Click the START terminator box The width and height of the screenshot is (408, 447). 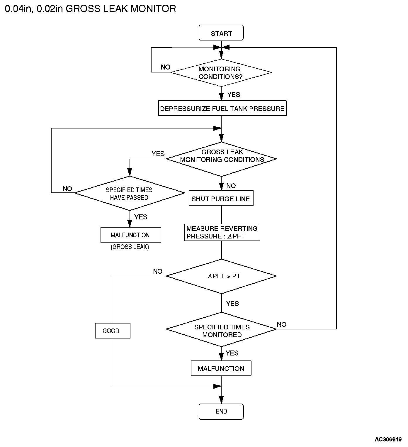pos(221,33)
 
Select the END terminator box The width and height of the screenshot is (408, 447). pos(221,411)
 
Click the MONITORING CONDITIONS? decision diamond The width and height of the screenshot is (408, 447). pos(221,73)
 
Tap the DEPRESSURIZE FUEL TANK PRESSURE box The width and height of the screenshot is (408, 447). pos(222,108)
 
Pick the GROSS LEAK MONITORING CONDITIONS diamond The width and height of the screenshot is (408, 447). pos(221,159)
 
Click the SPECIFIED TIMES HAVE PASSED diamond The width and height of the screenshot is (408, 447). pos(130,193)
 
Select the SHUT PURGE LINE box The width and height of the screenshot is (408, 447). pos(221,198)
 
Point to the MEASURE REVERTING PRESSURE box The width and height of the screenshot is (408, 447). pos(222,232)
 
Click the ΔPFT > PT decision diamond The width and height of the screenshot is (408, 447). pos(221,276)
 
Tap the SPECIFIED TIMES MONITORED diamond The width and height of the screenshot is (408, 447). pos(221,329)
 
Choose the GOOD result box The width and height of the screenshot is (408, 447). pos(113,331)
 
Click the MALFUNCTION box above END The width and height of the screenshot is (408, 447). pos(221,368)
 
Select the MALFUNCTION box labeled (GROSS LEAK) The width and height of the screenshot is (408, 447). pos(131,235)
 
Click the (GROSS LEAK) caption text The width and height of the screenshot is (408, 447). pos(130,247)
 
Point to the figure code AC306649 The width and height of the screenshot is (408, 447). pos(388,439)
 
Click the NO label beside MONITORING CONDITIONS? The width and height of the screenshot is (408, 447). pos(166,67)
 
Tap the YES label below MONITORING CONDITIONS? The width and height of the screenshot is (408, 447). pos(234,94)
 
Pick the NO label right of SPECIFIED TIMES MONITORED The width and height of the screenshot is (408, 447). pos(281,324)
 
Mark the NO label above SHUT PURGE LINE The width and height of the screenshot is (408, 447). pos(231,186)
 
